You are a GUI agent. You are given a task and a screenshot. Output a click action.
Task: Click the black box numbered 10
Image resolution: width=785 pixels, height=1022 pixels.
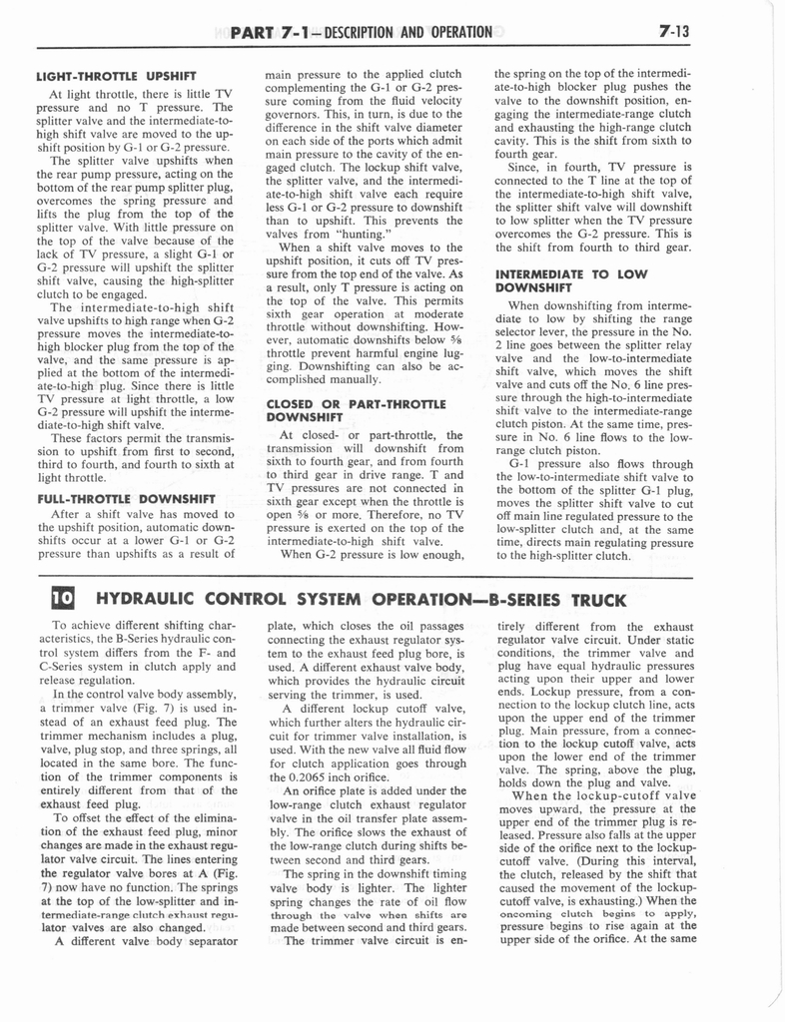point(61,600)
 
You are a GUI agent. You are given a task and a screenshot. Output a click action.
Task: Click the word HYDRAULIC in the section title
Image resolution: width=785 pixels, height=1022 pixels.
point(149,600)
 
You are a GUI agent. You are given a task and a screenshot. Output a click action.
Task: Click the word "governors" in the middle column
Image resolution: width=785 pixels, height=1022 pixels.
point(291,128)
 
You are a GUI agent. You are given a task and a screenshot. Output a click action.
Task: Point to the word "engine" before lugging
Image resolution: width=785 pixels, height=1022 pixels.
point(410,352)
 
